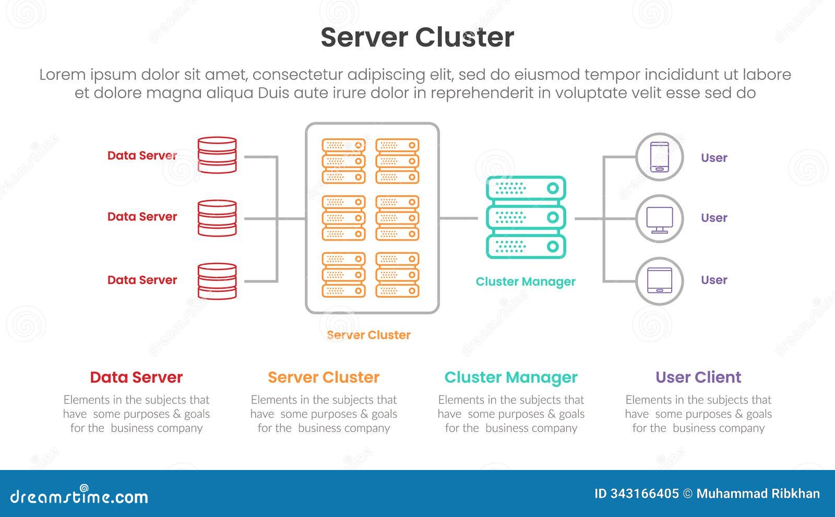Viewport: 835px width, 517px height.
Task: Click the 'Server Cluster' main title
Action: click(x=417, y=38)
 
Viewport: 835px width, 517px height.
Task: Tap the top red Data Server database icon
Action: click(x=217, y=155)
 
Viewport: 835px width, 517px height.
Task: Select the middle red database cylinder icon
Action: click(x=217, y=218)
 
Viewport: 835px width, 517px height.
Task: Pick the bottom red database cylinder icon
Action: click(x=217, y=281)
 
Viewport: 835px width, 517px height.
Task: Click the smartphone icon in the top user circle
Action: click(x=659, y=157)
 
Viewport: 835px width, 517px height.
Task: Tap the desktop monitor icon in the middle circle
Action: click(x=659, y=219)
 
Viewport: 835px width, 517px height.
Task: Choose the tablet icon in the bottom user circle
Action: click(x=659, y=281)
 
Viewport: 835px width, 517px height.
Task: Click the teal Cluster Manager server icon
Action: click(x=526, y=217)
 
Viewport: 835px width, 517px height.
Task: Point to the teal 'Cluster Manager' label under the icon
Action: click(x=525, y=281)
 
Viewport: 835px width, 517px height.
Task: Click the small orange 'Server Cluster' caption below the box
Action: click(x=368, y=335)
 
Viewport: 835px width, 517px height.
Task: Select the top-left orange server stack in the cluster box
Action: click(x=343, y=161)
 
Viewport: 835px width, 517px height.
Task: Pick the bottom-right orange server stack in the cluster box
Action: click(x=397, y=275)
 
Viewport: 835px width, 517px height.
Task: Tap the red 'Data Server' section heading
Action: click(x=136, y=377)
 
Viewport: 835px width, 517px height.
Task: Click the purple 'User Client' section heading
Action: click(x=698, y=377)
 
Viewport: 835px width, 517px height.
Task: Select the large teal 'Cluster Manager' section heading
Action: click(x=510, y=377)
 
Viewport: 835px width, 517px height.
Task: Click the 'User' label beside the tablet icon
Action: click(x=714, y=280)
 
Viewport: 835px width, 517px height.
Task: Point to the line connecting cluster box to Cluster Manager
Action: click(x=458, y=218)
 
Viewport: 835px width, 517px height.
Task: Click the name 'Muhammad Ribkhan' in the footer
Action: click(x=758, y=494)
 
